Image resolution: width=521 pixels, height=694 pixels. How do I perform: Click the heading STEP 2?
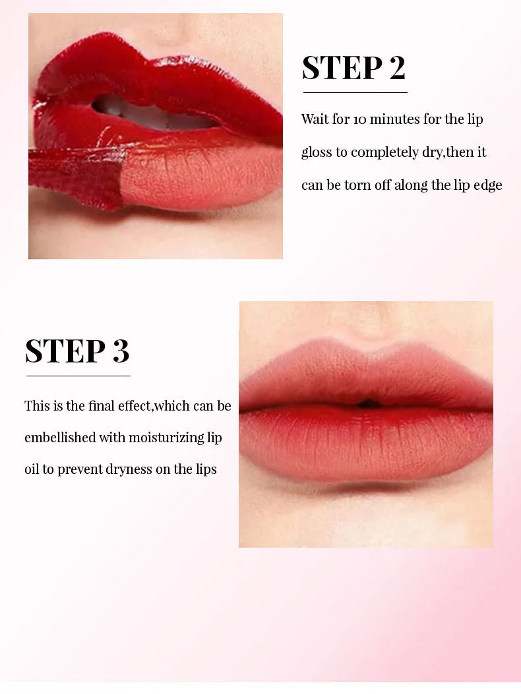coord(353,68)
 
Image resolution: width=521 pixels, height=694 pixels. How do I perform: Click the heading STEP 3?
coord(77,351)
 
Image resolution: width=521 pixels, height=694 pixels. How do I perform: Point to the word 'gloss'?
coord(317,153)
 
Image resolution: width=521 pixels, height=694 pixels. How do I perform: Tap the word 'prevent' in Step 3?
coord(80,470)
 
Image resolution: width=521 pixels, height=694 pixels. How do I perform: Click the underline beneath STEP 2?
coord(355,92)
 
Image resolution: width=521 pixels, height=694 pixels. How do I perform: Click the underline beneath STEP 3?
coord(78,376)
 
